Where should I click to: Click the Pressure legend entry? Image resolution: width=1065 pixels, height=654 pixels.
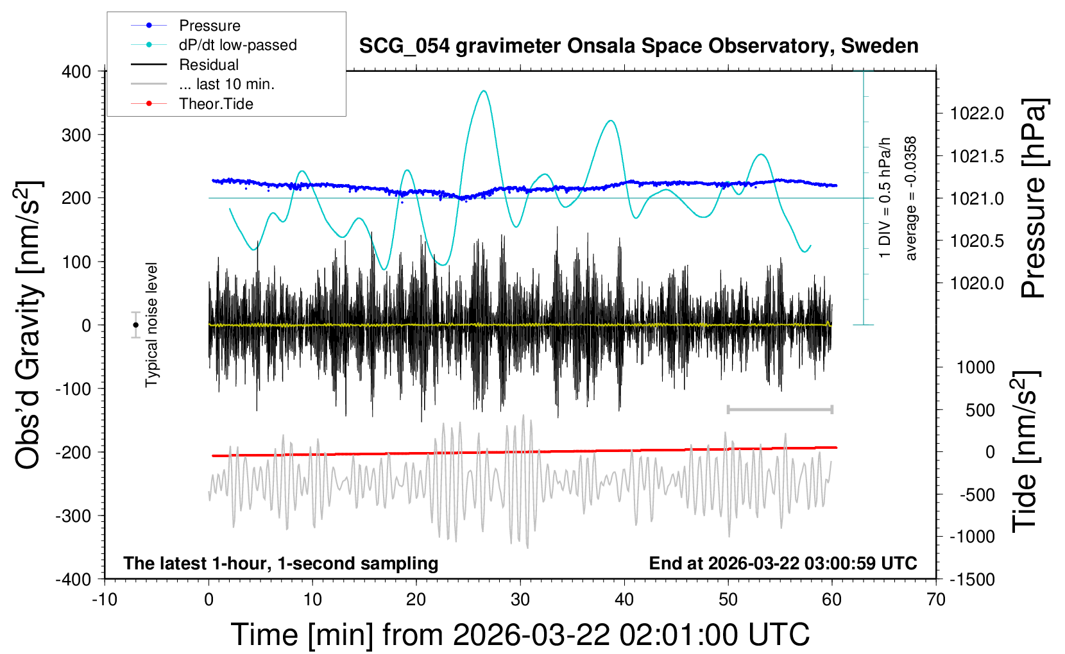click(x=209, y=26)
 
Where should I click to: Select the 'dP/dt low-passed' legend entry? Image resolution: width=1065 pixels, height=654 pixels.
click(x=237, y=45)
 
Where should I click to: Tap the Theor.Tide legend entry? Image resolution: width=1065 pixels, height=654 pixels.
click(x=216, y=104)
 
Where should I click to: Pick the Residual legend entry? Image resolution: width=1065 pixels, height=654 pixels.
click(x=209, y=65)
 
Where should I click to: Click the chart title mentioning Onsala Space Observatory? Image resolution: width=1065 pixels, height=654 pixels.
click(x=638, y=46)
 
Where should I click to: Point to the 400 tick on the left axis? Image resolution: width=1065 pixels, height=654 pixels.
click(x=77, y=71)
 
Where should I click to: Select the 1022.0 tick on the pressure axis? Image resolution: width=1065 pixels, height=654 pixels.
click(x=977, y=113)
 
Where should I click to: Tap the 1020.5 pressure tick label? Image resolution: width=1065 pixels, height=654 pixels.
click(x=977, y=241)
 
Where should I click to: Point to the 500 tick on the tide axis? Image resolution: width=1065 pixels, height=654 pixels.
click(x=980, y=410)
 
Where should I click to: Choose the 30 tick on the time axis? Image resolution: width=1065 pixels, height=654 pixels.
click(x=520, y=599)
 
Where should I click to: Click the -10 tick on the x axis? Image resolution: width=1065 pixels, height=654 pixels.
click(x=105, y=599)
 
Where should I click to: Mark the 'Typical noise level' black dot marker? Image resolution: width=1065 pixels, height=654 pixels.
click(x=135, y=325)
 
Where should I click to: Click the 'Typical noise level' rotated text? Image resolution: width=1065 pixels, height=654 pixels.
click(x=151, y=325)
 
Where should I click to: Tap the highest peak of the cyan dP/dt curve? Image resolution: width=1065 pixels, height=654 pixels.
click(x=484, y=91)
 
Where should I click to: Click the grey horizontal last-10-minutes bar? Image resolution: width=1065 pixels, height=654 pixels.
click(x=780, y=409)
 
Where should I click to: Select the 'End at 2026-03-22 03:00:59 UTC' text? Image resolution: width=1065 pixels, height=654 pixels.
click(x=783, y=563)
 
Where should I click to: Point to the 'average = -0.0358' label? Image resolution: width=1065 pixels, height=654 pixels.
click(x=911, y=198)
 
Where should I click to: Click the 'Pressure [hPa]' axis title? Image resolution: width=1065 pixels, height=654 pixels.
click(x=1034, y=198)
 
